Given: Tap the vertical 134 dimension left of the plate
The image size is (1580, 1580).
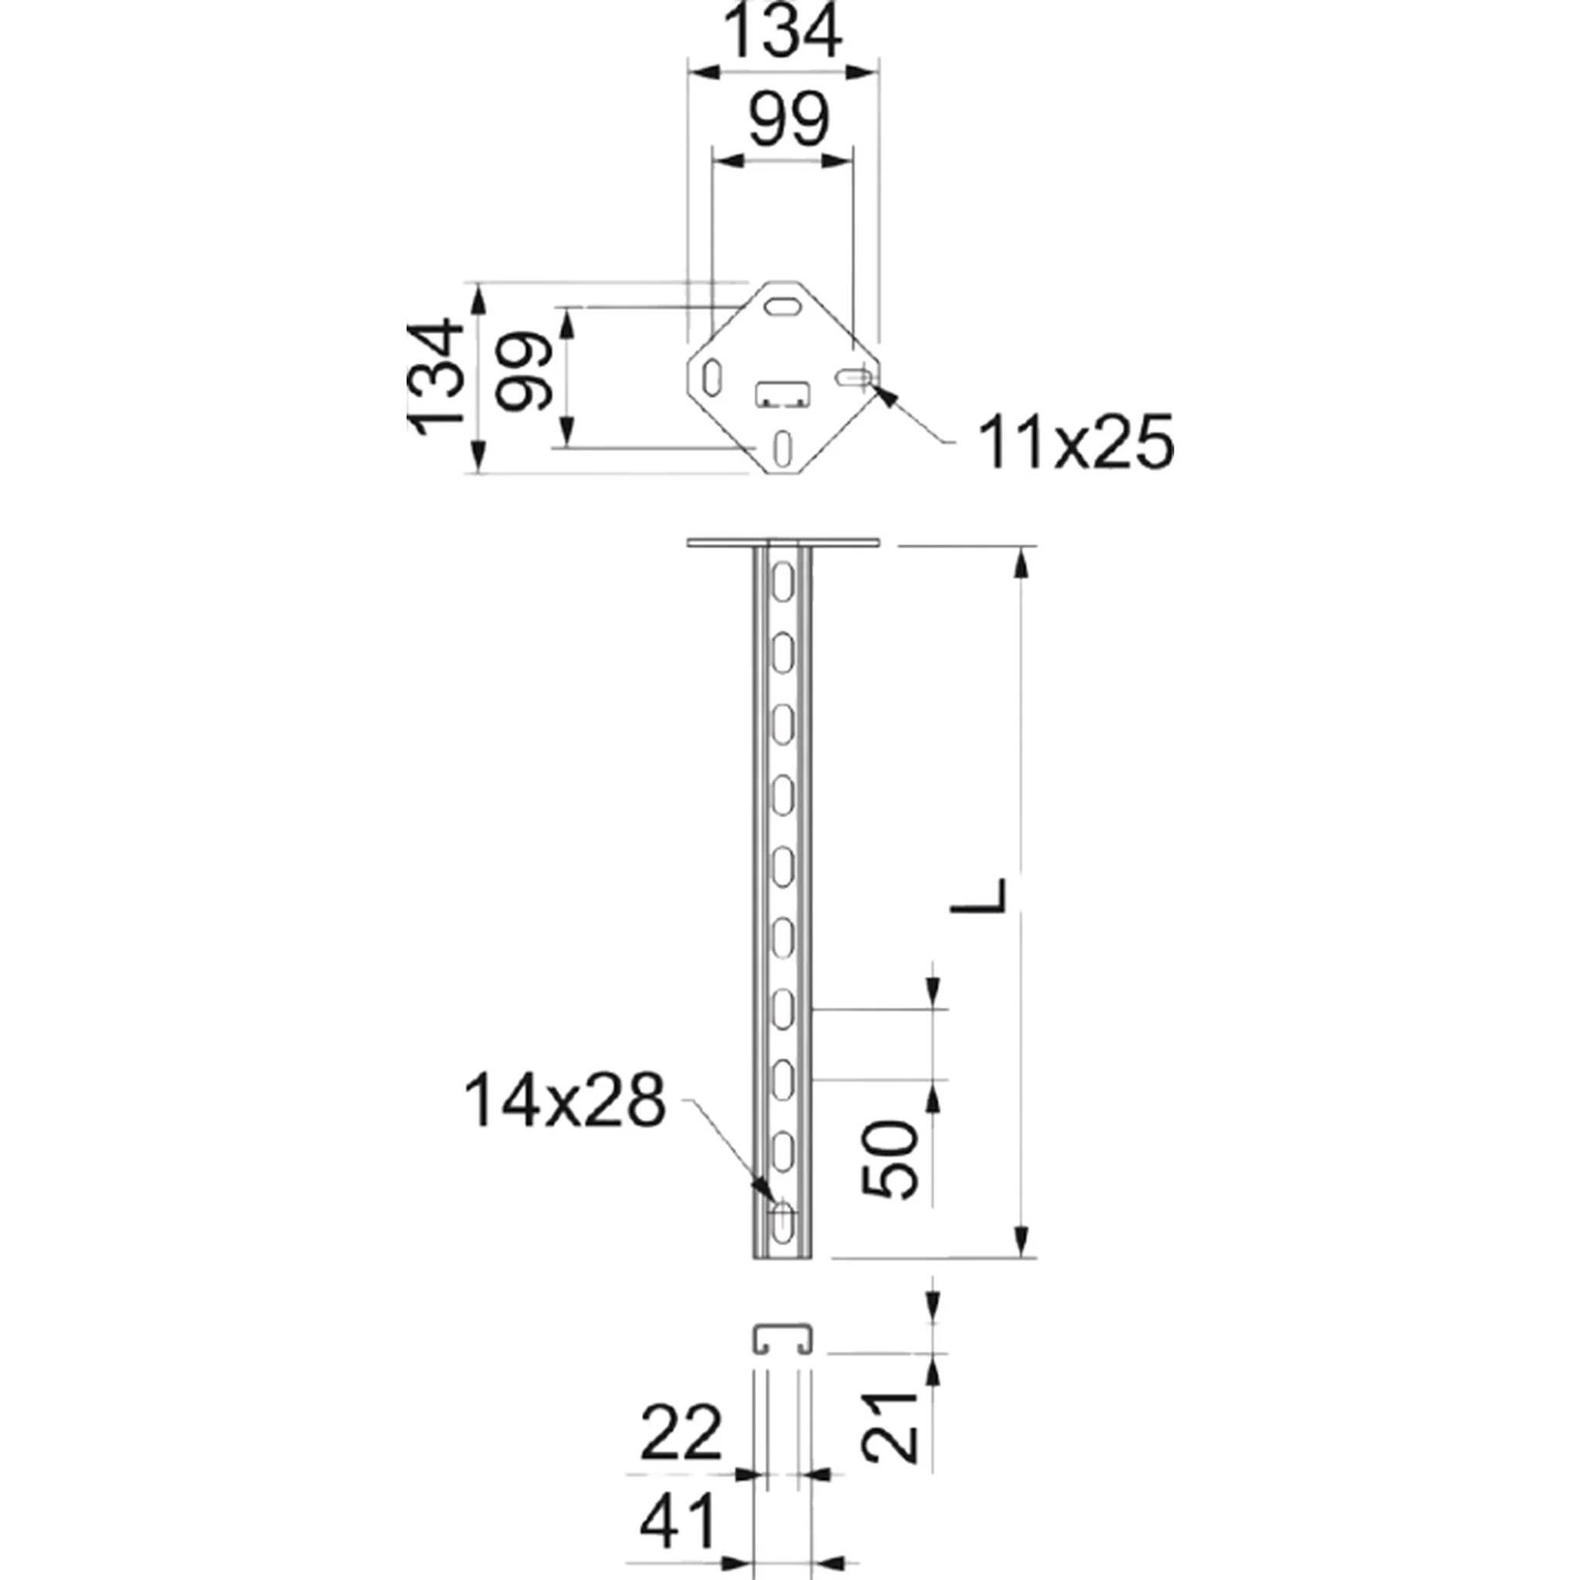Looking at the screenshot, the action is coord(437,377).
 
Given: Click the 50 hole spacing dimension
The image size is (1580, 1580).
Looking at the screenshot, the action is coord(890,1160).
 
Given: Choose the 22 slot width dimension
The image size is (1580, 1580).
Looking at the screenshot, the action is coord(681,1432).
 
